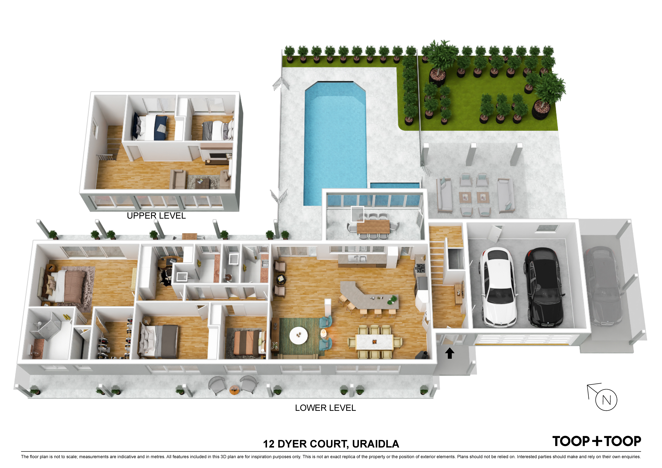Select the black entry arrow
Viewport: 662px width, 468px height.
450,353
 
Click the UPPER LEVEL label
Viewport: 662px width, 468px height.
156,216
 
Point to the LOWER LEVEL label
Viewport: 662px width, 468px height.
325,408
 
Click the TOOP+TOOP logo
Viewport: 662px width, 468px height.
597,441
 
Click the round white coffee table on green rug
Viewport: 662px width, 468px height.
298,335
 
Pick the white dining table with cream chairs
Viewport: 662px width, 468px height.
375,342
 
